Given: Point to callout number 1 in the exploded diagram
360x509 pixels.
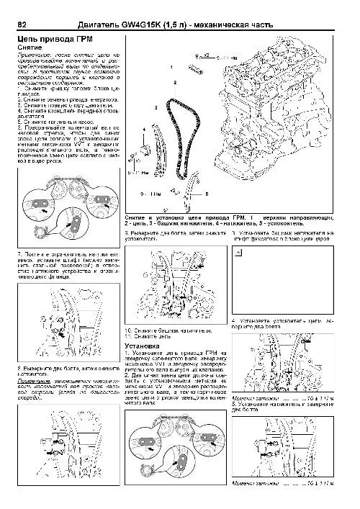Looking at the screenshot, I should click(x=171, y=66).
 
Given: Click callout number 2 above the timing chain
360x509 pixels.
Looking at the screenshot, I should click(x=174, y=84).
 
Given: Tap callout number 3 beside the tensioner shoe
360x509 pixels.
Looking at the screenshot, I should click(x=156, y=107).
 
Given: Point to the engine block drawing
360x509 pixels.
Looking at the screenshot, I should click(x=288, y=115).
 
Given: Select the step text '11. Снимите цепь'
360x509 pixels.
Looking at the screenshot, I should click(x=147, y=337).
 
